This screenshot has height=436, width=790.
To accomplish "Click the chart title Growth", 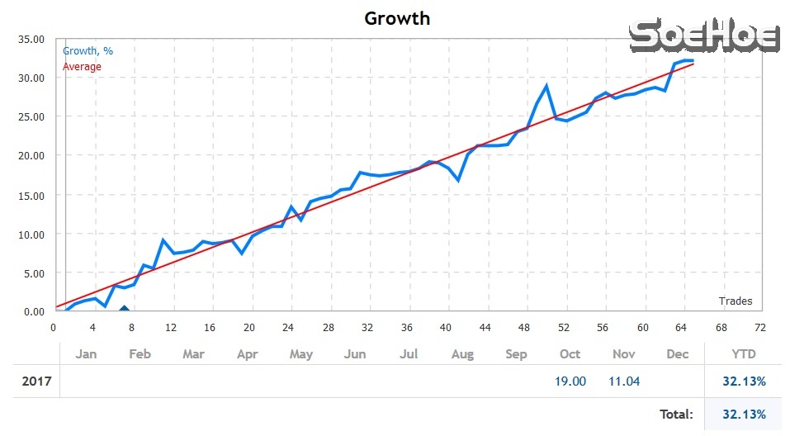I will tap(397, 17).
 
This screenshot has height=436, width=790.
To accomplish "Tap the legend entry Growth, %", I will tap(88, 51).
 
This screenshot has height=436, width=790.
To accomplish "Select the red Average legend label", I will tap(82, 66).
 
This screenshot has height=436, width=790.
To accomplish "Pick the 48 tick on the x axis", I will tap(525, 327).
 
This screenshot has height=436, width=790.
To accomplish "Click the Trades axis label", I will tap(735, 301).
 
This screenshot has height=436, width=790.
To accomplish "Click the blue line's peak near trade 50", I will tap(546, 85).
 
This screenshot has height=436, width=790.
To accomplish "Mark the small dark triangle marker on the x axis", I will tap(124, 310).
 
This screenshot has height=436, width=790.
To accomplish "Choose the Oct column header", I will tap(570, 354).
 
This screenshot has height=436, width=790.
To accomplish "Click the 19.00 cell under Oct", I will tap(570, 381).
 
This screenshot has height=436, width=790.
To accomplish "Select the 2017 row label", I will tap(36, 381).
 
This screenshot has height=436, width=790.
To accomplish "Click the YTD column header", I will tap(743, 354).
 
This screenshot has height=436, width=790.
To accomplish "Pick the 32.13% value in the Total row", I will tap(743, 414).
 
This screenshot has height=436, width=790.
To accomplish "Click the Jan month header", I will tap(87, 354).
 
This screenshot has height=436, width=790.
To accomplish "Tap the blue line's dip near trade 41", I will tap(457, 179).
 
